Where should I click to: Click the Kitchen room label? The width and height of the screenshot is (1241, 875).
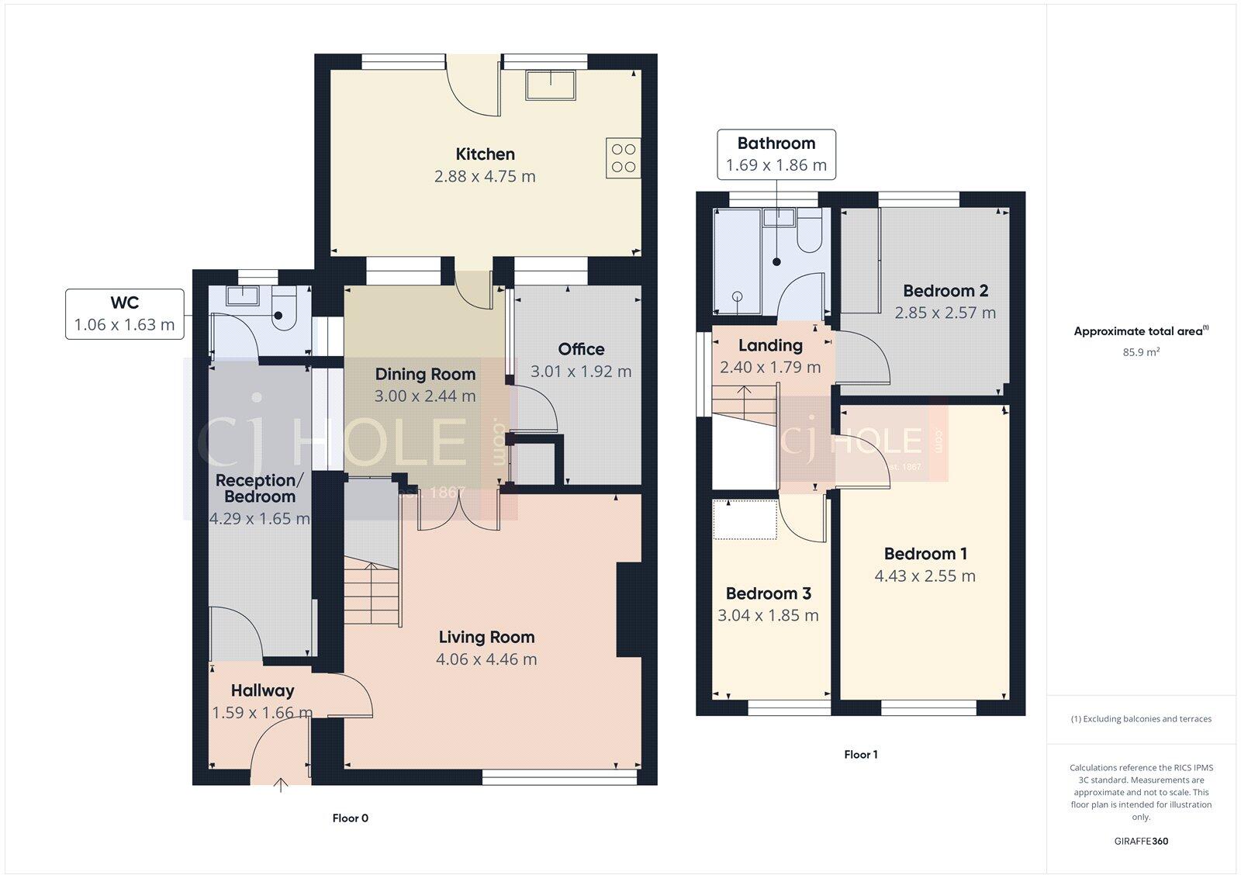pos(485,154)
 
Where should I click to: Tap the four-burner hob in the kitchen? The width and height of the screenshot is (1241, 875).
pos(623,157)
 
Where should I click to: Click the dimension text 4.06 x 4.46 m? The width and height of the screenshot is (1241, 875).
pos(486,659)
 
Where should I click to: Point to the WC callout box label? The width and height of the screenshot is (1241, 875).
pos(124,303)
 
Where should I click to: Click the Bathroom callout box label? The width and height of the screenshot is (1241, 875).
pos(776,144)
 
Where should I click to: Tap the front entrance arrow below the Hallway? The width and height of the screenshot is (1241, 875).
pos(281,786)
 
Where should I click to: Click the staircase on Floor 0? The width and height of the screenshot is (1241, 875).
pos(373,593)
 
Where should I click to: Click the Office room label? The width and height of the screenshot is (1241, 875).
pos(581,349)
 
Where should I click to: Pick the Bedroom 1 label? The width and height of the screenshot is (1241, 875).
pos(925,554)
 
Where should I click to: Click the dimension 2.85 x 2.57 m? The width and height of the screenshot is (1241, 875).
pos(945,313)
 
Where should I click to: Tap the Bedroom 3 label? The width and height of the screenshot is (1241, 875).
pos(768,593)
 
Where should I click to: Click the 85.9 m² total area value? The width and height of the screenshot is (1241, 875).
pos(1141,352)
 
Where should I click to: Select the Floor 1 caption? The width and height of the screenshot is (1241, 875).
pos(860,755)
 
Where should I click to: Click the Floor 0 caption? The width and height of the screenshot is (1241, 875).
pos(350,818)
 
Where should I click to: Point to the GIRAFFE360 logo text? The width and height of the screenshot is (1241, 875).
pos(1141,841)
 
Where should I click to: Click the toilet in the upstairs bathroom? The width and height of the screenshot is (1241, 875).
pos(809,237)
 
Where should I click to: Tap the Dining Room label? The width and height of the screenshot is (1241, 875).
pos(425,374)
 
